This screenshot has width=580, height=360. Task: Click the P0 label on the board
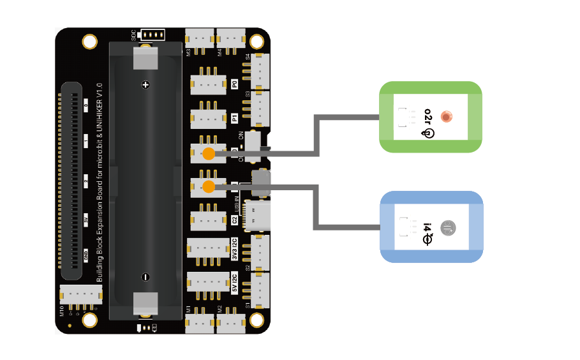point(235,84)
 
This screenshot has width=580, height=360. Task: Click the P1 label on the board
point(235,118)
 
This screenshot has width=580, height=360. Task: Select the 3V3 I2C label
point(235,250)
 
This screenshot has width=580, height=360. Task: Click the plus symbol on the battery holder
point(145,84)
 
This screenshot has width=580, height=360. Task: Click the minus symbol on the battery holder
point(145,277)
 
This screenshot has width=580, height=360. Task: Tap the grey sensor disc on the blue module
point(449,227)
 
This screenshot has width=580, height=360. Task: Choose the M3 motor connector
point(200,38)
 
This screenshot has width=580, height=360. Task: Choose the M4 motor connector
point(230,38)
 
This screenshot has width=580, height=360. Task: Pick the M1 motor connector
point(200,323)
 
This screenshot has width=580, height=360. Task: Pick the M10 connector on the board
point(80,294)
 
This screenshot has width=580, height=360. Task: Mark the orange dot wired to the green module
point(208,153)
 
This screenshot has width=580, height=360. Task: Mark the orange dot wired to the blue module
point(208,186)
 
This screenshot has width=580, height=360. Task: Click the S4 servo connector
point(260,70)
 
